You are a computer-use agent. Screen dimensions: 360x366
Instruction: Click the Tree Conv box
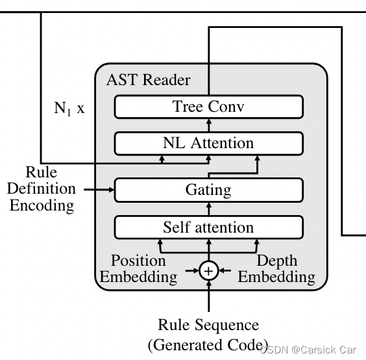pyautogui.click(x=208, y=107)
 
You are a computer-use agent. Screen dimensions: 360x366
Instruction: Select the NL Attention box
pyautogui.click(x=208, y=142)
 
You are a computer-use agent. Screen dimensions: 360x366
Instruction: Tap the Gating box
pyautogui.click(x=208, y=190)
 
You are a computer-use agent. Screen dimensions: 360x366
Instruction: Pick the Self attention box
pyautogui.click(x=208, y=227)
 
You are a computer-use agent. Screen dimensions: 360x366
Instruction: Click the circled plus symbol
pyautogui.click(x=208, y=270)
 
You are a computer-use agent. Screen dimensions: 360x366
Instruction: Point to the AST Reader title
pyautogui.click(x=148, y=81)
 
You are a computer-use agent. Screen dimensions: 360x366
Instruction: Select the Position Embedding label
pyautogui.click(x=138, y=269)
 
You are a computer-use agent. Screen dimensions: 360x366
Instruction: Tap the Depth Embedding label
pyautogui.click(x=276, y=269)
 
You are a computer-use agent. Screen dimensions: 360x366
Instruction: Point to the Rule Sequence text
pyautogui.click(x=208, y=324)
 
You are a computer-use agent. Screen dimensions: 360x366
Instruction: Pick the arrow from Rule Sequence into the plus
pyautogui.click(x=208, y=296)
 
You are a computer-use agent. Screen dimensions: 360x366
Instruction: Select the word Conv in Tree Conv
pyautogui.click(x=227, y=107)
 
